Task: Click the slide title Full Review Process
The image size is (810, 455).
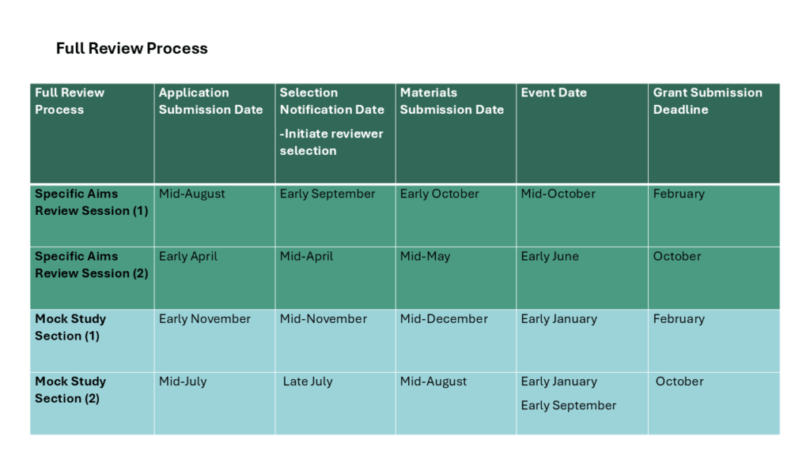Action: [x=132, y=48]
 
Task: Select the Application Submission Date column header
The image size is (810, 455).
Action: [x=210, y=101]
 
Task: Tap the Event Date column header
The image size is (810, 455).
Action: [x=554, y=93]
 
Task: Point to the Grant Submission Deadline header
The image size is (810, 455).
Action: [x=708, y=101]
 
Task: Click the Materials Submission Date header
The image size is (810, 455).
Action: [x=452, y=101]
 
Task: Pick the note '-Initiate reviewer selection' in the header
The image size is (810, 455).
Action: [x=331, y=142]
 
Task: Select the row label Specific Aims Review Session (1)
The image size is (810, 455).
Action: [x=92, y=202]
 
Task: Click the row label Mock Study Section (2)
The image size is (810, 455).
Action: [x=70, y=390]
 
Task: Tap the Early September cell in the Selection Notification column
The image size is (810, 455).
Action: [x=327, y=194]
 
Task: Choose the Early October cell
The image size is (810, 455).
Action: [x=440, y=194]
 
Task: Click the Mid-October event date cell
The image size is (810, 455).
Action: [x=558, y=194]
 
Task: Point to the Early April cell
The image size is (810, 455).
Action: [x=188, y=257]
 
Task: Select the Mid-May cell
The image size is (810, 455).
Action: [x=425, y=257]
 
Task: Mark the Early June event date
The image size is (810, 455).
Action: [x=550, y=257]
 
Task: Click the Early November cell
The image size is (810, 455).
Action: [x=205, y=319]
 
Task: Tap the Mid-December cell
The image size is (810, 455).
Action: [x=444, y=319]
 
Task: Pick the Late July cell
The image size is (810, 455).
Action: [x=308, y=382]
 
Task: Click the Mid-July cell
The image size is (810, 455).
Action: [x=183, y=382]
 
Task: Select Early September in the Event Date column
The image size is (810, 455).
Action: [x=569, y=405]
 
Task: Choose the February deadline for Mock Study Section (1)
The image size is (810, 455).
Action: [x=679, y=319]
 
